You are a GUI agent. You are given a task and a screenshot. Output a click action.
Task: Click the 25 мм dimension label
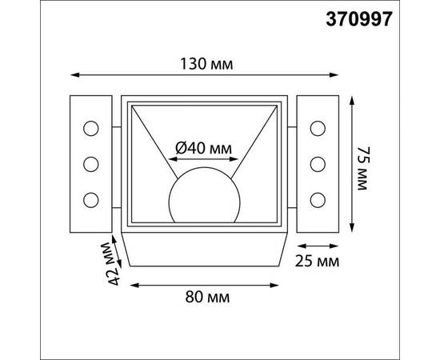click(x=317, y=261)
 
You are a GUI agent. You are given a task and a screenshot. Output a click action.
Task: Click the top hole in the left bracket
click(x=90, y=128)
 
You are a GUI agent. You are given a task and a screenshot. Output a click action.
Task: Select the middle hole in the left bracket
click(x=90, y=163)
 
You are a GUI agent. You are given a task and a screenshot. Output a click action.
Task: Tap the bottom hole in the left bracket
click(x=90, y=198)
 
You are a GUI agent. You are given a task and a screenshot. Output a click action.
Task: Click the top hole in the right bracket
click(x=318, y=128)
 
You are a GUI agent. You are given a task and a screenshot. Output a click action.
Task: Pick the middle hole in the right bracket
click(x=318, y=163)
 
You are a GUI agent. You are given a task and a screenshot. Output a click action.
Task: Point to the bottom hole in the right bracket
click(x=318, y=198)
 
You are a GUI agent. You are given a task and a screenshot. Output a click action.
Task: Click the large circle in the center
click(x=204, y=197)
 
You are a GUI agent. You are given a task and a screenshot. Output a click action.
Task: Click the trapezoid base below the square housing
click(x=203, y=252)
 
